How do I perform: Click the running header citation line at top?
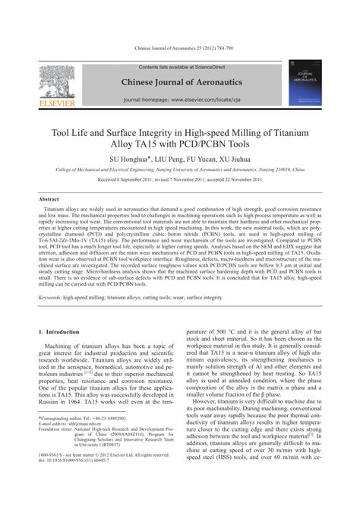179,51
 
